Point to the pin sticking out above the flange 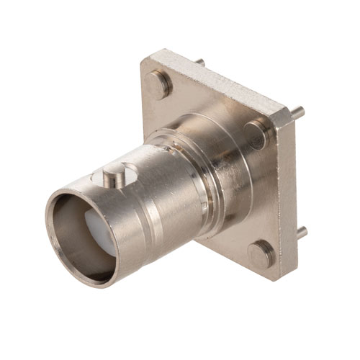point(199,63)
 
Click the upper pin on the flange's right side point(297,112)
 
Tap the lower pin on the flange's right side point(302,233)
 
